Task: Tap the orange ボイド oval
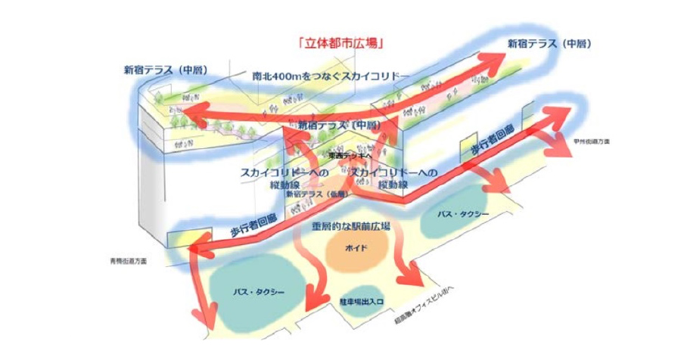coord(356,248)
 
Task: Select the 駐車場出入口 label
coord(362,300)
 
